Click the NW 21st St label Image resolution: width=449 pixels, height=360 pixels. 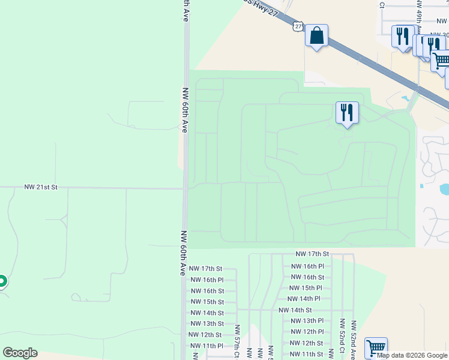click(x=41, y=187)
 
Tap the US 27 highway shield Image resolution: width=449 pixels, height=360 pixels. click(x=298, y=26)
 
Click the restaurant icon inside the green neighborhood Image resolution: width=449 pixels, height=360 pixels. click(x=347, y=112)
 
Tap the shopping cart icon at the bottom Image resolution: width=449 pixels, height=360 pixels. click(x=376, y=347)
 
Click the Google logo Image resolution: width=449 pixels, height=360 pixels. click(x=20, y=353)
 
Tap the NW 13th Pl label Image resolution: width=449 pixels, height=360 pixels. click(x=307, y=321)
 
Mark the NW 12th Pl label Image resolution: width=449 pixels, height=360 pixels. click(x=307, y=332)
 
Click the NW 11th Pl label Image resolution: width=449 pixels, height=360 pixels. click(x=206, y=346)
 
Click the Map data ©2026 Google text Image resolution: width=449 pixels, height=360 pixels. click(x=412, y=355)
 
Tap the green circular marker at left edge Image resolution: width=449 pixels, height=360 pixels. click(x=2, y=281)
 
